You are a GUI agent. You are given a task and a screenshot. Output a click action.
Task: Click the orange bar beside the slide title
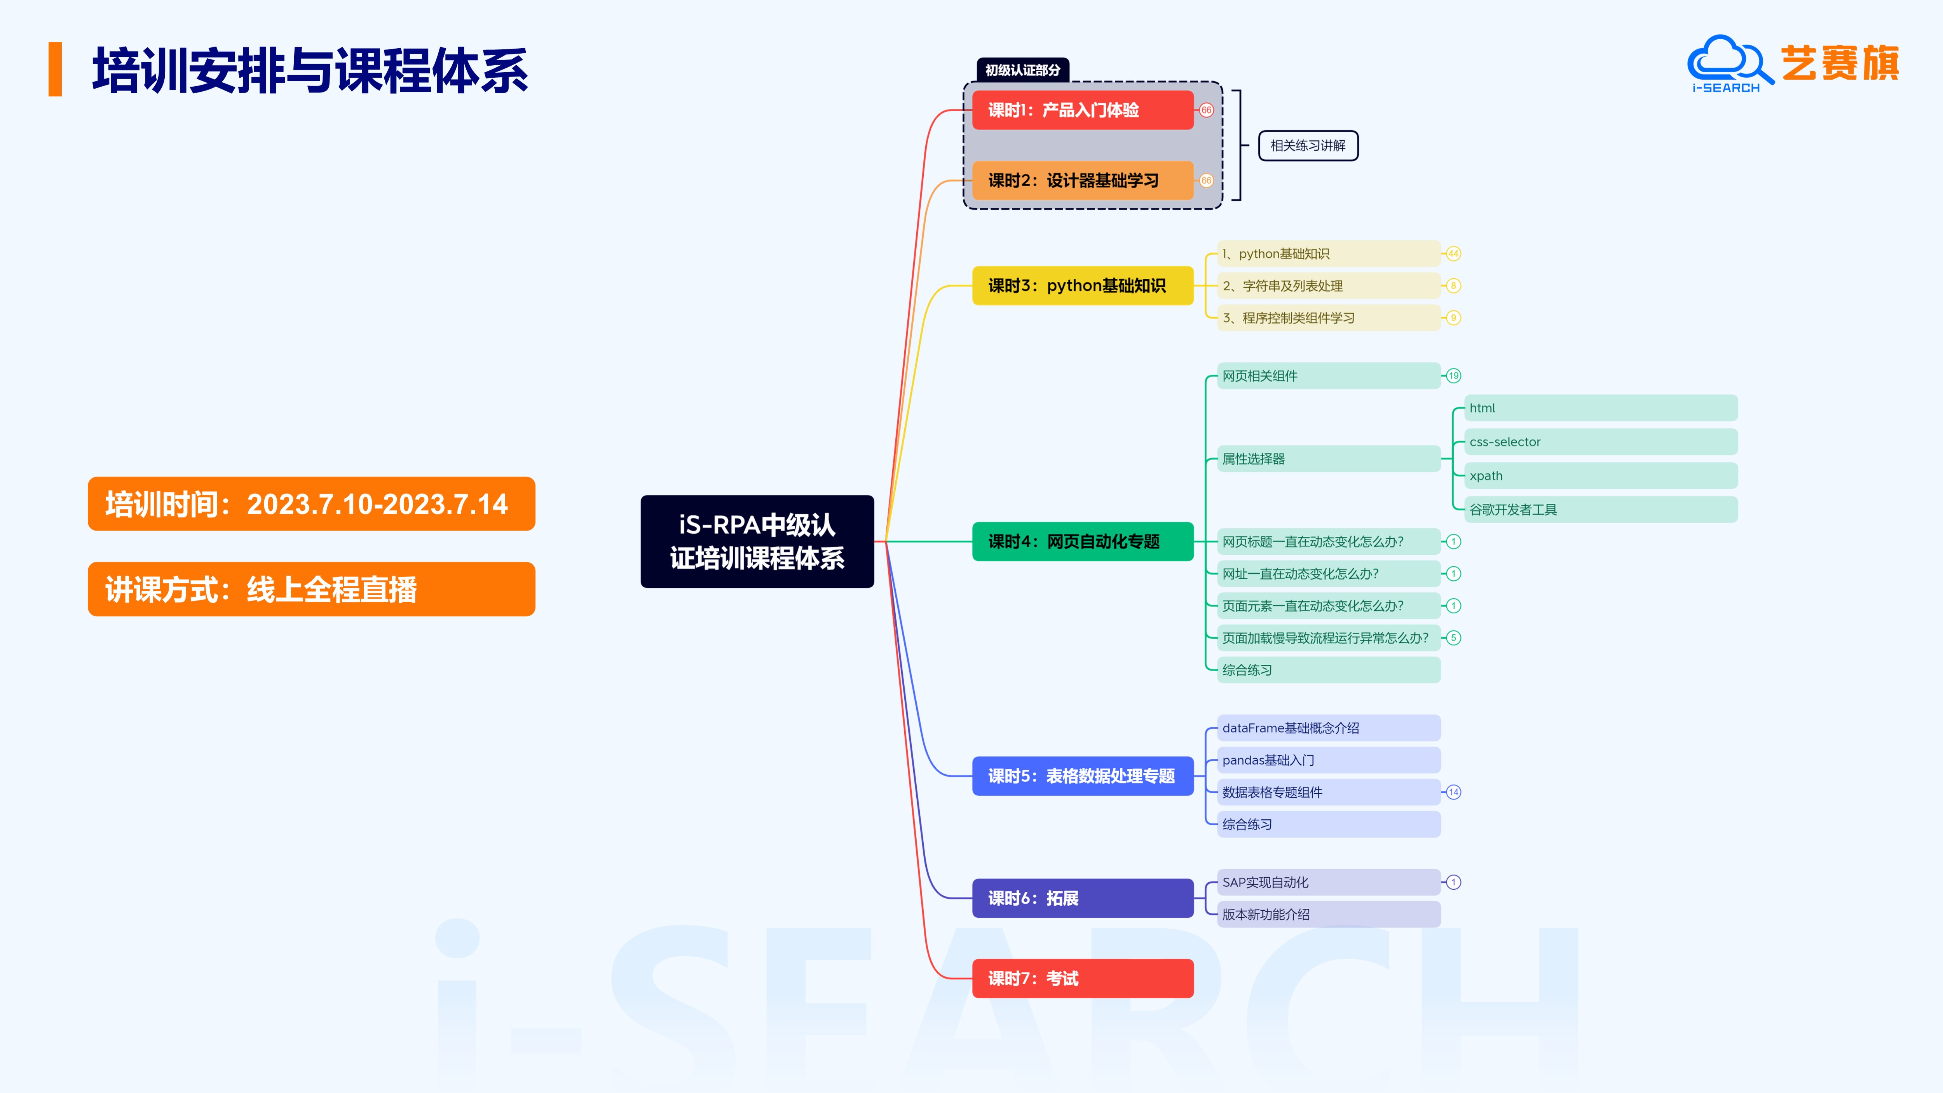[55, 70]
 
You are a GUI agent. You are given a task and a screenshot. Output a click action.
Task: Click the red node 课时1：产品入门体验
[1082, 110]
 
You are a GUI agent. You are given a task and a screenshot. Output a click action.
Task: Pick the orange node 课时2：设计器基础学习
[1082, 180]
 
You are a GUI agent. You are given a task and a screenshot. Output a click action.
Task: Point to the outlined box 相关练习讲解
[1308, 146]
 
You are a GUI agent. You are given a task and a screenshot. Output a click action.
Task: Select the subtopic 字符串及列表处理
[1327, 286]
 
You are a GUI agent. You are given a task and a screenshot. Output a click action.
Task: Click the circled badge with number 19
[1453, 375]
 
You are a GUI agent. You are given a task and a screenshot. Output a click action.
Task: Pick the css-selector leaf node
[1601, 442]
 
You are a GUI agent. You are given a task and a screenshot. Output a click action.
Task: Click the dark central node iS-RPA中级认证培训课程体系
[757, 541]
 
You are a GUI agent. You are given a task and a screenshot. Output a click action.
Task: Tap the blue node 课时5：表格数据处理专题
[1082, 776]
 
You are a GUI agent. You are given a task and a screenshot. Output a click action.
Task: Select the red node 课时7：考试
[1082, 978]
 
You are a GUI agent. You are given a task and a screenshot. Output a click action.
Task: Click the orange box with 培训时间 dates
[311, 504]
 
